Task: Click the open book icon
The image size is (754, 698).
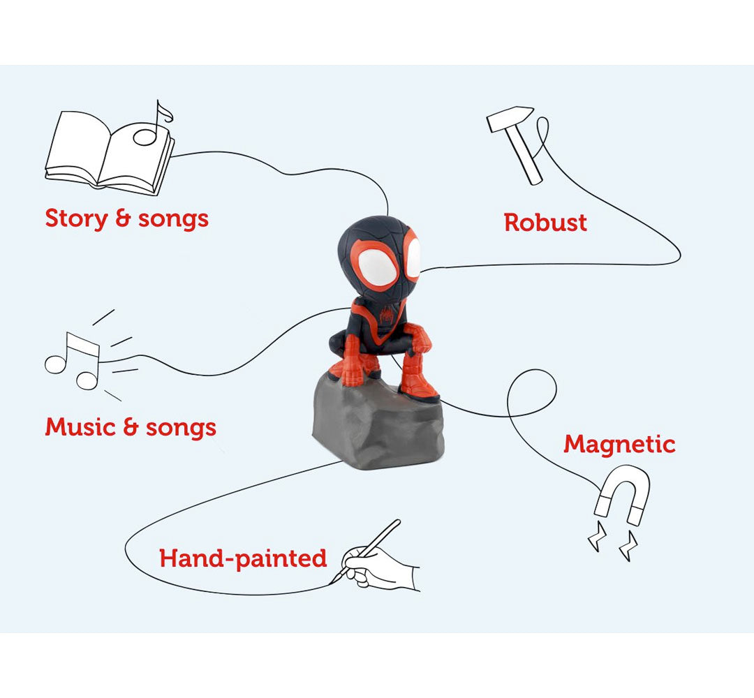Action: coord(109,154)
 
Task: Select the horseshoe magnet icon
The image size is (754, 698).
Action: coord(623,495)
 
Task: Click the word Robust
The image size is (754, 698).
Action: coord(545,223)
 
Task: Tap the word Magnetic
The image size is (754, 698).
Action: coord(619,445)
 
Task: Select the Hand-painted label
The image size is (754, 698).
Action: coord(243,558)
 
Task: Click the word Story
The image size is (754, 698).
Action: coord(77,218)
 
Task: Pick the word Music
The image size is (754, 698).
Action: coord(81,426)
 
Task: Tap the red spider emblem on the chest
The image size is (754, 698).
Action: coord(387,315)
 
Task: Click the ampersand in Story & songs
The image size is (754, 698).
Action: coord(123,218)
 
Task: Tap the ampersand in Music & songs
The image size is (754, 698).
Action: coord(131,426)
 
